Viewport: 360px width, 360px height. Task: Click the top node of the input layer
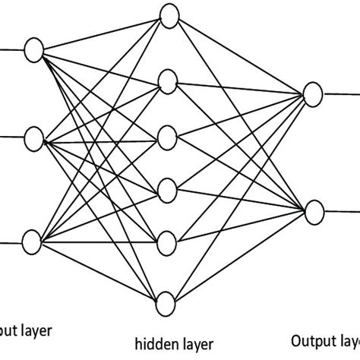click(x=33, y=50)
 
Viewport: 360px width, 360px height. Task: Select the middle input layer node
click(x=33, y=138)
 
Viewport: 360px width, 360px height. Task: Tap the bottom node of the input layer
click(x=33, y=243)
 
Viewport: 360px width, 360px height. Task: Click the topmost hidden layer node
click(x=168, y=19)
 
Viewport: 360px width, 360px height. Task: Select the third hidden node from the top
click(x=168, y=137)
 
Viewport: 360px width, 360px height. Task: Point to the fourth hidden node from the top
click(x=168, y=187)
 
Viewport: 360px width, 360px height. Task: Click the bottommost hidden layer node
click(x=168, y=305)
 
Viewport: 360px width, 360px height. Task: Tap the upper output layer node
click(x=311, y=93)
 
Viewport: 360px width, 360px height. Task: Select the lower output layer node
click(x=311, y=207)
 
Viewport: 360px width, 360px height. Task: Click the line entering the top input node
click(x=11, y=50)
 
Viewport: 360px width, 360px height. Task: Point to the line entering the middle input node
click(x=11, y=138)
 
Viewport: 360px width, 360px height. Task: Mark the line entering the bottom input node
click(x=11, y=243)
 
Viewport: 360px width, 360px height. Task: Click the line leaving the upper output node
click(x=338, y=94)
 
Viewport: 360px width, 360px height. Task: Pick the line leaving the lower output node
click(x=338, y=207)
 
